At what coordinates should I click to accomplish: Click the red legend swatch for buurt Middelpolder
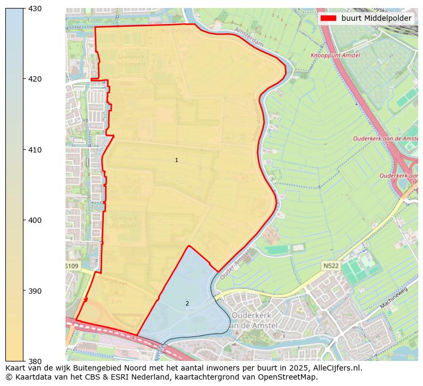click(328, 18)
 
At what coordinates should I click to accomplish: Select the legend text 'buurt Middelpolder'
click(376, 18)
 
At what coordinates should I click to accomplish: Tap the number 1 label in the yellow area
click(176, 160)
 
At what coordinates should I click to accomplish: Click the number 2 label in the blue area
click(187, 304)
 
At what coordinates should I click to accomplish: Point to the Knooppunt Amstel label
click(335, 55)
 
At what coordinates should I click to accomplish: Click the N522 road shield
click(330, 265)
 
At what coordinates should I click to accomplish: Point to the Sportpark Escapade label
click(124, 222)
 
